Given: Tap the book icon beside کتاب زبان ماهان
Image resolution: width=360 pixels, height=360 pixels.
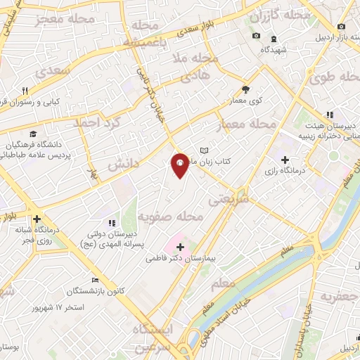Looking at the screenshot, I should point(205,150).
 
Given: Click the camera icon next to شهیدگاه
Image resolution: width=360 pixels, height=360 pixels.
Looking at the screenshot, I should point(256,35).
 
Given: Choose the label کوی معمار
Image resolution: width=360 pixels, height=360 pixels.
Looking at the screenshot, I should point(245,101).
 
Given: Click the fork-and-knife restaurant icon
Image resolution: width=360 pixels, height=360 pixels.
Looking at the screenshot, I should point(26,91).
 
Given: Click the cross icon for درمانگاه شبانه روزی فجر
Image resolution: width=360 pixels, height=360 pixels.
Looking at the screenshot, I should point(37,219).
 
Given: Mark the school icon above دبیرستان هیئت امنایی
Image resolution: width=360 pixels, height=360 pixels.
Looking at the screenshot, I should point(328,115).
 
